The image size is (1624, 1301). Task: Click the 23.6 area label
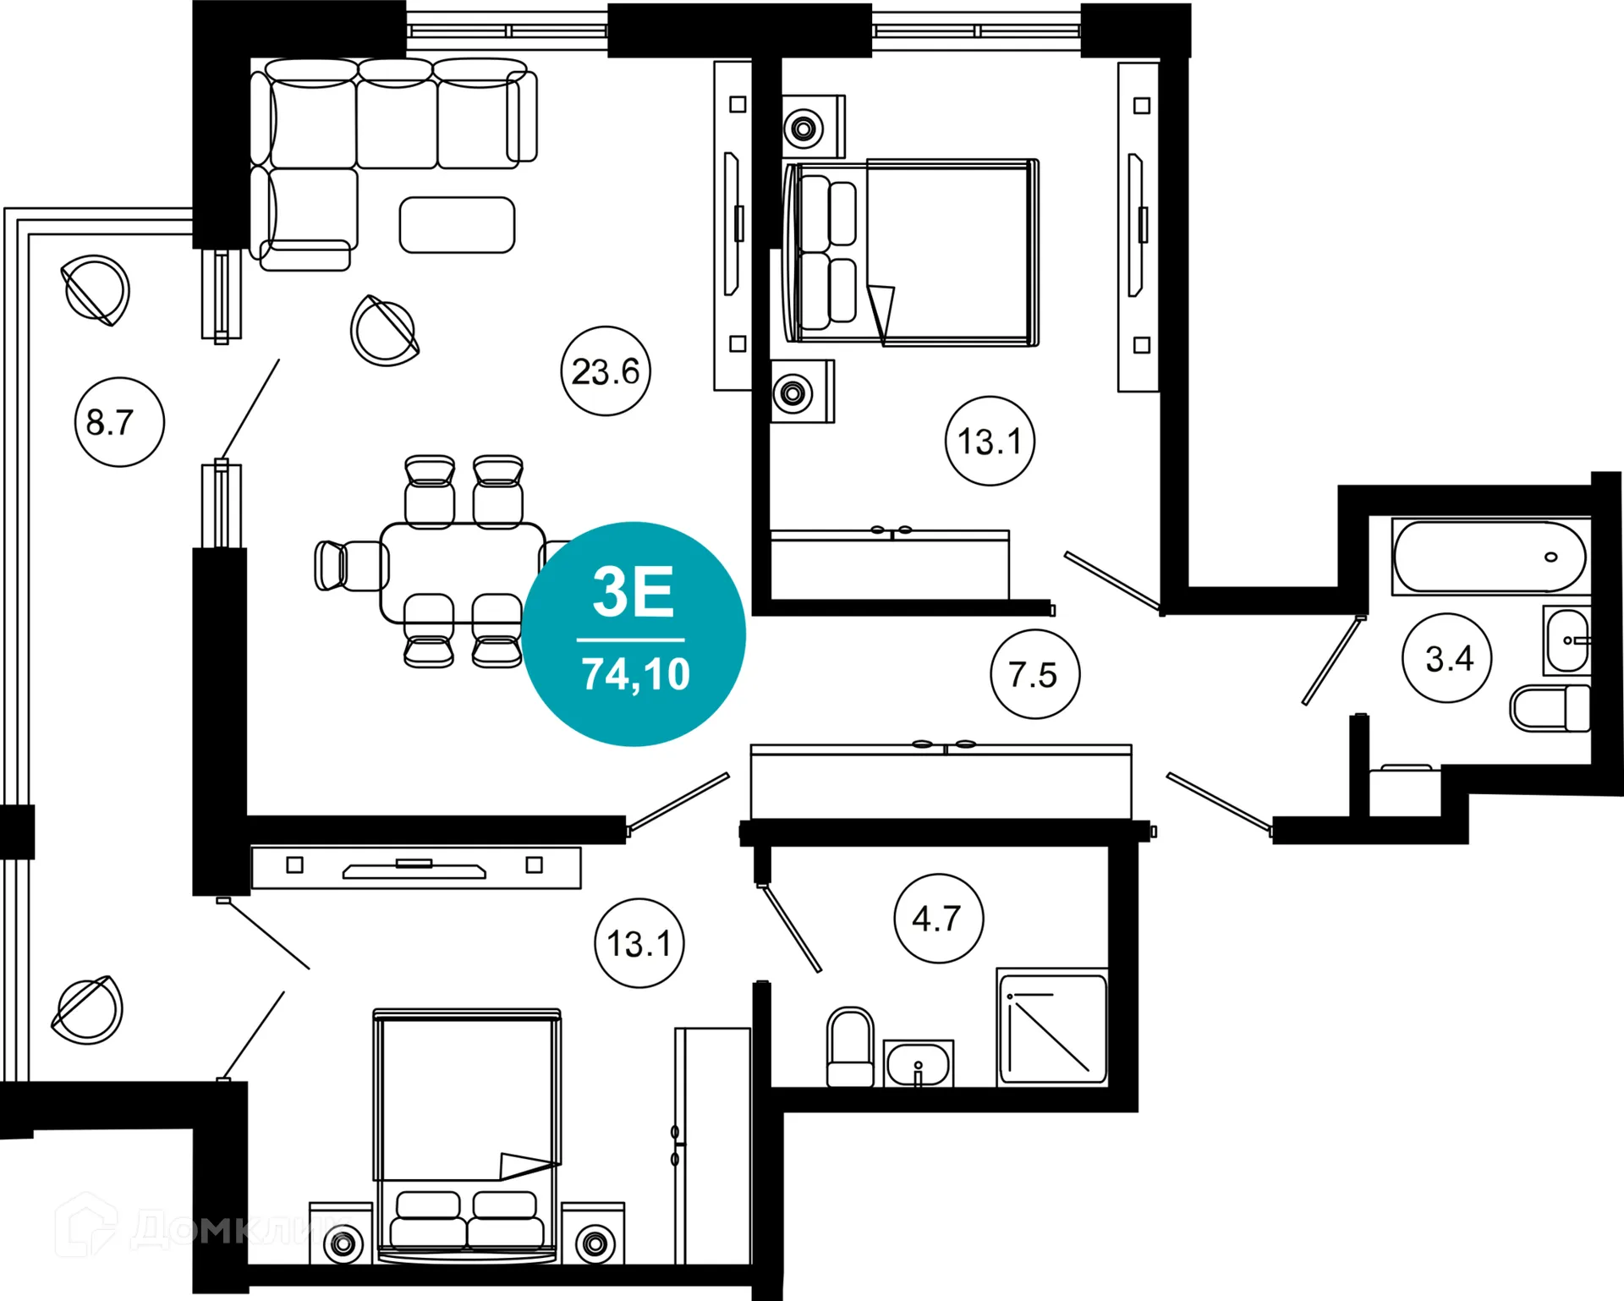(x=606, y=371)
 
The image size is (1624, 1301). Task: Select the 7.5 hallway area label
(x=1034, y=675)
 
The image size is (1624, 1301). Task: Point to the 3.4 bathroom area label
(x=1448, y=659)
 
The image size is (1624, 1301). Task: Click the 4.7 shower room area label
(x=938, y=919)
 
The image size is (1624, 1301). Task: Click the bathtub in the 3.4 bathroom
(x=1490, y=557)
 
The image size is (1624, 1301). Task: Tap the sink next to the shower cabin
(x=919, y=1063)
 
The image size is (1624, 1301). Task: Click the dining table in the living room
(x=463, y=573)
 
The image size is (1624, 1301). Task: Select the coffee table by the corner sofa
(x=457, y=225)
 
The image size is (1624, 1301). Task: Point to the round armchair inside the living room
(x=386, y=331)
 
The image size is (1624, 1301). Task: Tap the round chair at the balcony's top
(x=96, y=290)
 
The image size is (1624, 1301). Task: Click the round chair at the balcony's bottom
(x=88, y=1009)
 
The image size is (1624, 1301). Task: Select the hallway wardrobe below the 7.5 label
(x=941, y=782)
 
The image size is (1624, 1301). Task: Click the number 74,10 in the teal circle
(x=635, y=675)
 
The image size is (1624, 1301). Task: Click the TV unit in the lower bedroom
(x=416, y=868)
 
